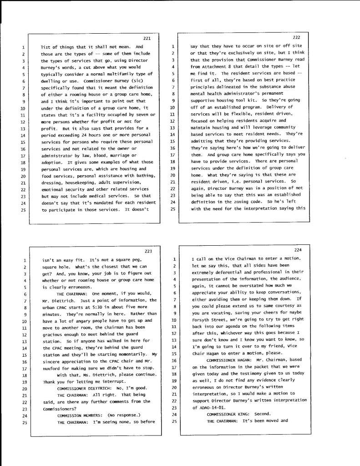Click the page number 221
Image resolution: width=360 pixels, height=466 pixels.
pos(147,38)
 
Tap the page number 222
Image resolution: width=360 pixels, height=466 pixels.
pos(296,37)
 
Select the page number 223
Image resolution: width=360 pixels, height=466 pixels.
pos(148,251)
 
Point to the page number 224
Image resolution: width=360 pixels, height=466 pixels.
pos(298,250)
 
